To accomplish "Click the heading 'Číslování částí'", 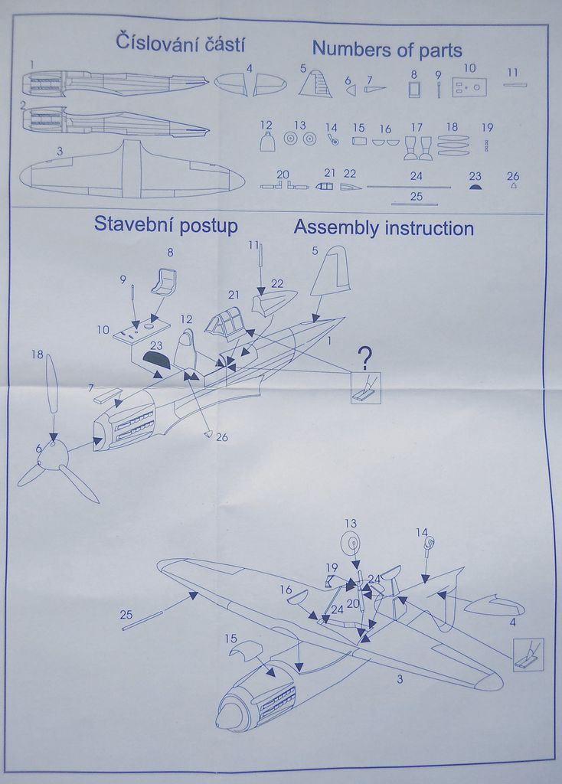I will [x=181, y=43].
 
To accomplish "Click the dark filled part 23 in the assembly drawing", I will [x=156, y=358].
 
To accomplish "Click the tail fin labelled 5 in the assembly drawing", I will [x=331, y=271].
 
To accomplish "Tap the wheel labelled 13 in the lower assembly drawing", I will [x=349, y=544].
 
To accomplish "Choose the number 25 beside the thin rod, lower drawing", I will [x=126, y=614].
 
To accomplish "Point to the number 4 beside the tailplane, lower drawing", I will [x=511, y=622].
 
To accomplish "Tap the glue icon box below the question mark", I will [x=366, y=390].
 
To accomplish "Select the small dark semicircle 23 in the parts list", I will [x=475, y=186].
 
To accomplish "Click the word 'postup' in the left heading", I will [x=208, y=225].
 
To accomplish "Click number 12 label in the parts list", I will [x=266, y=124].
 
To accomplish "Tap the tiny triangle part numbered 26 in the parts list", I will [x=513, y=186].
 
